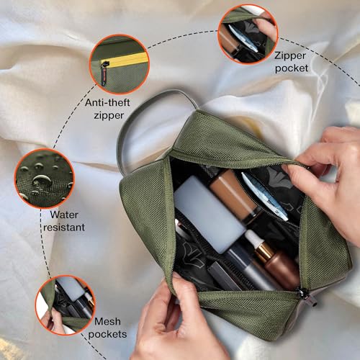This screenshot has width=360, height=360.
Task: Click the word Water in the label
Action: click(63, 214)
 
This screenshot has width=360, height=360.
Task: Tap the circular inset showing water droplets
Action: click(43, 177)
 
